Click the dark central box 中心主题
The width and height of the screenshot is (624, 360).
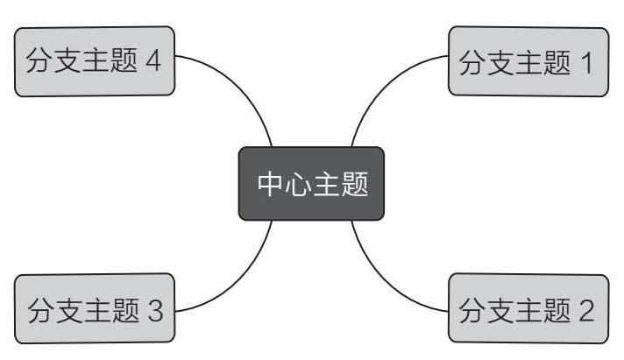tap(311, 183)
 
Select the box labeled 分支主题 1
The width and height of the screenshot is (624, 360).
tap(528, 61)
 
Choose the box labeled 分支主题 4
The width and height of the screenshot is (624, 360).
tap(95, 61)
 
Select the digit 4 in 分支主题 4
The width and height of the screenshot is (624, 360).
tap(155, 62)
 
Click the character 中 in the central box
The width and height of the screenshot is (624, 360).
tap(270, 184)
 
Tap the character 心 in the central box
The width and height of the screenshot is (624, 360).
tap(297, 184)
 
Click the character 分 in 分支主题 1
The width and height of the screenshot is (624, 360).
tap(473, 62)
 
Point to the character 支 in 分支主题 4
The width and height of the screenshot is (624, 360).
tap(68, 62)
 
